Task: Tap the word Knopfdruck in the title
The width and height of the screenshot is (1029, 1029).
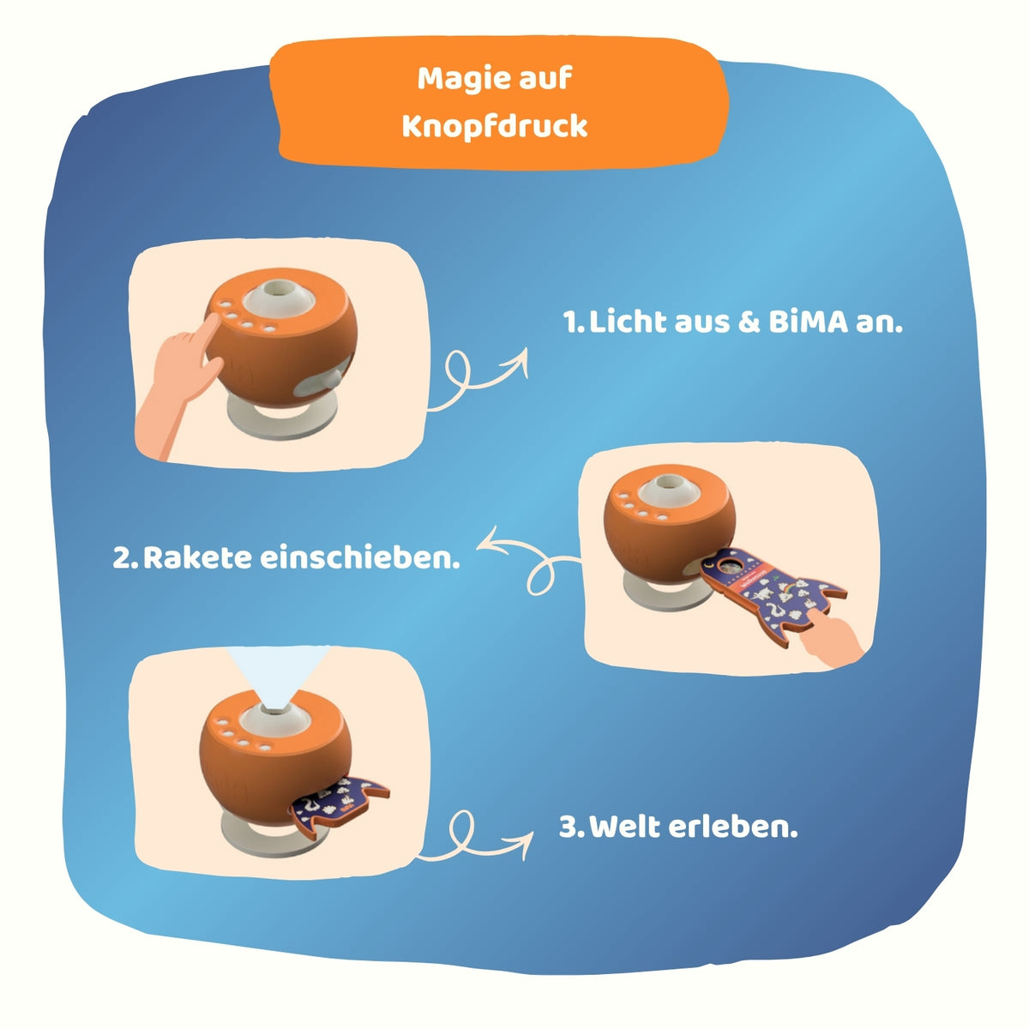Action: [495, 127]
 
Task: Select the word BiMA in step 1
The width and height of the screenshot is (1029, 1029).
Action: [808, 322]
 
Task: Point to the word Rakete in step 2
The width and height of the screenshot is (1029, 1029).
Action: [197, 558]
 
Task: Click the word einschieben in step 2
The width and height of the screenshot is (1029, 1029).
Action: [359, 558]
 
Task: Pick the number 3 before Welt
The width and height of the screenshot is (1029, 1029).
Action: [569, 827]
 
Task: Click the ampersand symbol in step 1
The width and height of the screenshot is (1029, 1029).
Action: [749, 322]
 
